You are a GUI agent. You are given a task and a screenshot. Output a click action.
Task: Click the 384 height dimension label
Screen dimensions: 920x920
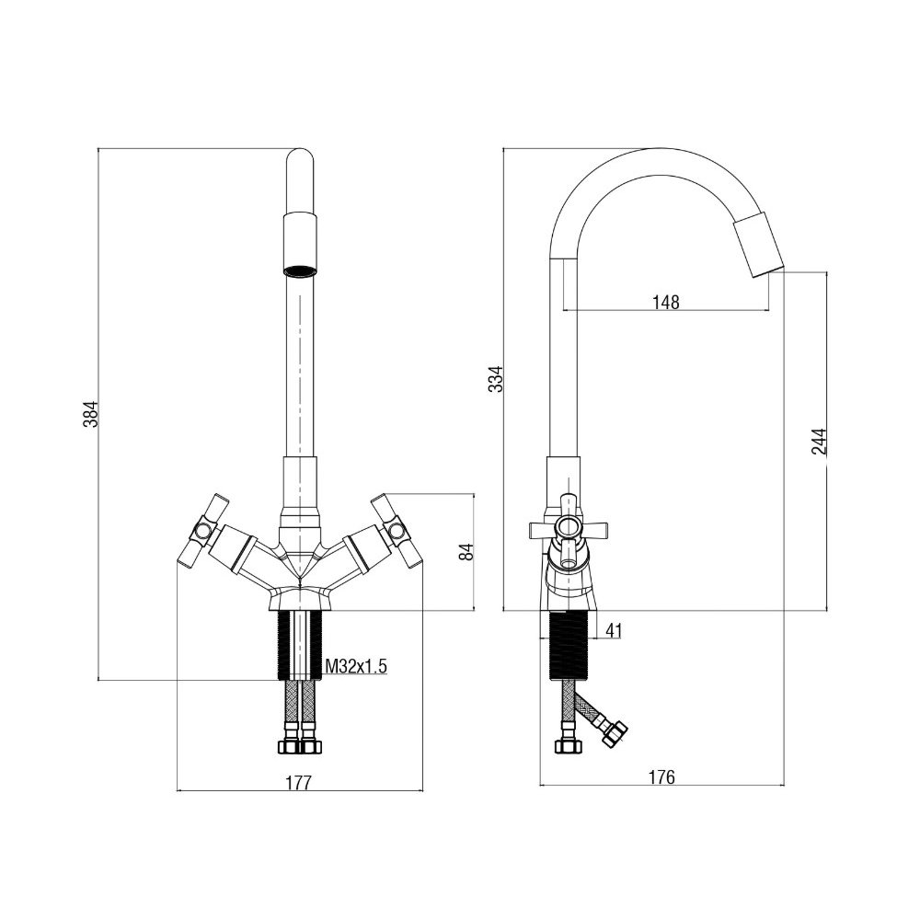tap(90, 414)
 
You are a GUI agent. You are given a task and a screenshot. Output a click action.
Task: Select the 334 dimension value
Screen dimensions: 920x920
tap(496, 378)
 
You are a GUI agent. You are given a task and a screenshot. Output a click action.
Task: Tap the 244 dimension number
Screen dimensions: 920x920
tap(819, 442)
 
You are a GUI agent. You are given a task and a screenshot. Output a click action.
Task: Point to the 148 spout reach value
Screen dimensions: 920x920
tap(665, 302)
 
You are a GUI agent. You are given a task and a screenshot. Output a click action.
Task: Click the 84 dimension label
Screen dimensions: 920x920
tap(466, 551)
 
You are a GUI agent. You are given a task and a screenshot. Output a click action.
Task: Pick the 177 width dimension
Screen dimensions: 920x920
tap(299, 783)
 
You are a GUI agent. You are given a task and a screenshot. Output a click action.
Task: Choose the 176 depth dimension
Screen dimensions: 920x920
tap(661, 776)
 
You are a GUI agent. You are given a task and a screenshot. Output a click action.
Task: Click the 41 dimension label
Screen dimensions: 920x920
tap(613, 631)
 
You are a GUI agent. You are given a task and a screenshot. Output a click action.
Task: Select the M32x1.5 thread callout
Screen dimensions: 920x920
tap(356, 666)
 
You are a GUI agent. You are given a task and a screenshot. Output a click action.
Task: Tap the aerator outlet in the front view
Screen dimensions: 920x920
tap(300, 271)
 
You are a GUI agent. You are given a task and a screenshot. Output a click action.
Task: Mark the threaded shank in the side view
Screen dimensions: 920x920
tap(567, 646)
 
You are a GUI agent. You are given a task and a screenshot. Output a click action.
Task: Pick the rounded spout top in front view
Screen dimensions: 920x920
tap(300, 157)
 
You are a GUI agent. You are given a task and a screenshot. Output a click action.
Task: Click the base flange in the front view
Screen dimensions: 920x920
tap(300, 599)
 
